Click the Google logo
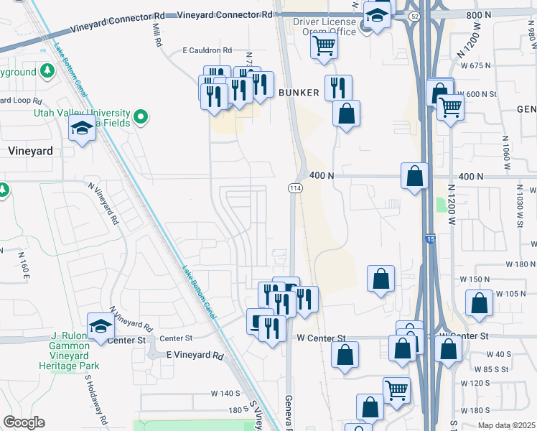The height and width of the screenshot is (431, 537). click(24, 422)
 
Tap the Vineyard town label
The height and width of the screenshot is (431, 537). click(30, 151)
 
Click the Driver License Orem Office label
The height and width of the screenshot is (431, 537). click(324, 27)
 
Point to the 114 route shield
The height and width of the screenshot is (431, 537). click(294, 187)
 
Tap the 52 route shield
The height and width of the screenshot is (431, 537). click(414, 15)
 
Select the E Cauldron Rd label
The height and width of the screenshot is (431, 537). click(207, 50)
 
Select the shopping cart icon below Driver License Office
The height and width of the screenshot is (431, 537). click(324, 46)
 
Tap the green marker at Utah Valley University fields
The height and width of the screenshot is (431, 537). click(141, 115)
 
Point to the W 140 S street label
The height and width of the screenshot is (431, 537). click(225, 393)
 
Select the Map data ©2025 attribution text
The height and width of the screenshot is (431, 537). click(506, 425)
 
